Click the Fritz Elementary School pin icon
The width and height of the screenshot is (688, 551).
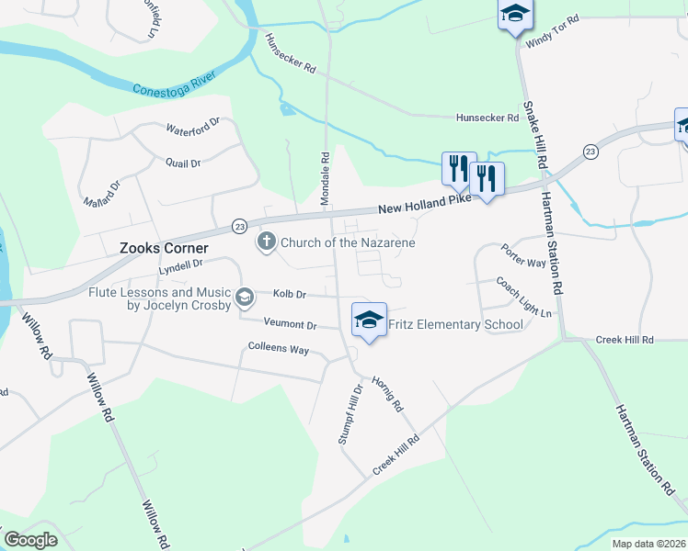[x=368, y=321]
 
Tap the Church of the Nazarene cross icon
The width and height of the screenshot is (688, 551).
[x=266, y=242]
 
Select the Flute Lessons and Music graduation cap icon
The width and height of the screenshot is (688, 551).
[x=245, y=296]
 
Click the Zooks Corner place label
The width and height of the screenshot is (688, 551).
[x=164, y=248]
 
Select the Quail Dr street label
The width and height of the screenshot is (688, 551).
[x=183, y=163]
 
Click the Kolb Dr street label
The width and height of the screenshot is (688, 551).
[x=289, y=294]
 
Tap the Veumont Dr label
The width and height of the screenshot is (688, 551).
[x=290, y=325]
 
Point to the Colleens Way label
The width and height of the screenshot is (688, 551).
[x=279, y=349]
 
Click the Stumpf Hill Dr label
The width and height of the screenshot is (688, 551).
[x=350, y=414]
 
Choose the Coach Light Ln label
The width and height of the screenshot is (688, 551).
[x=523, y=297]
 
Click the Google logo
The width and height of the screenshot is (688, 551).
[x=30, y=540]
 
